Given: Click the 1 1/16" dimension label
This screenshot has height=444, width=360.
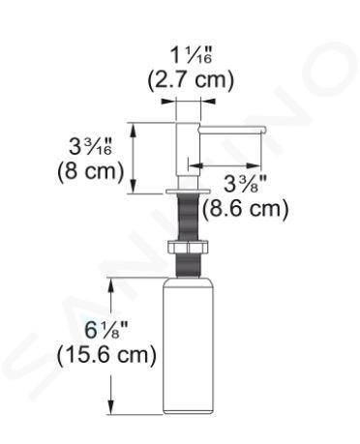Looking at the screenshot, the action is click(x=192, y=55).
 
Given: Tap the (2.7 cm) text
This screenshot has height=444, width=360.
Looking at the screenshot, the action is click(x=191, y=79).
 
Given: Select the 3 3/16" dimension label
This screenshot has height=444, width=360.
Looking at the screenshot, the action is click(x=91, y=146).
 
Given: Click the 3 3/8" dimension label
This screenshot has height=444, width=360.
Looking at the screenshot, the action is click(x=245, y=184).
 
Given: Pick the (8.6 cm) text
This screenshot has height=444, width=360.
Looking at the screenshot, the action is click(x=246, y=209).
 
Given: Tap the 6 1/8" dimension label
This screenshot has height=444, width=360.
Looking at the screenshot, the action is click(x=107, y=330).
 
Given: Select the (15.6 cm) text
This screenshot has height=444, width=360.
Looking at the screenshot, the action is click(x=106, y=355).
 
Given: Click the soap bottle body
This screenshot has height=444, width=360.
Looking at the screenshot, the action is click(x=189, y=347).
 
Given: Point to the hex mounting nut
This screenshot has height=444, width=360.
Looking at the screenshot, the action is click(x=189, y=248).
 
